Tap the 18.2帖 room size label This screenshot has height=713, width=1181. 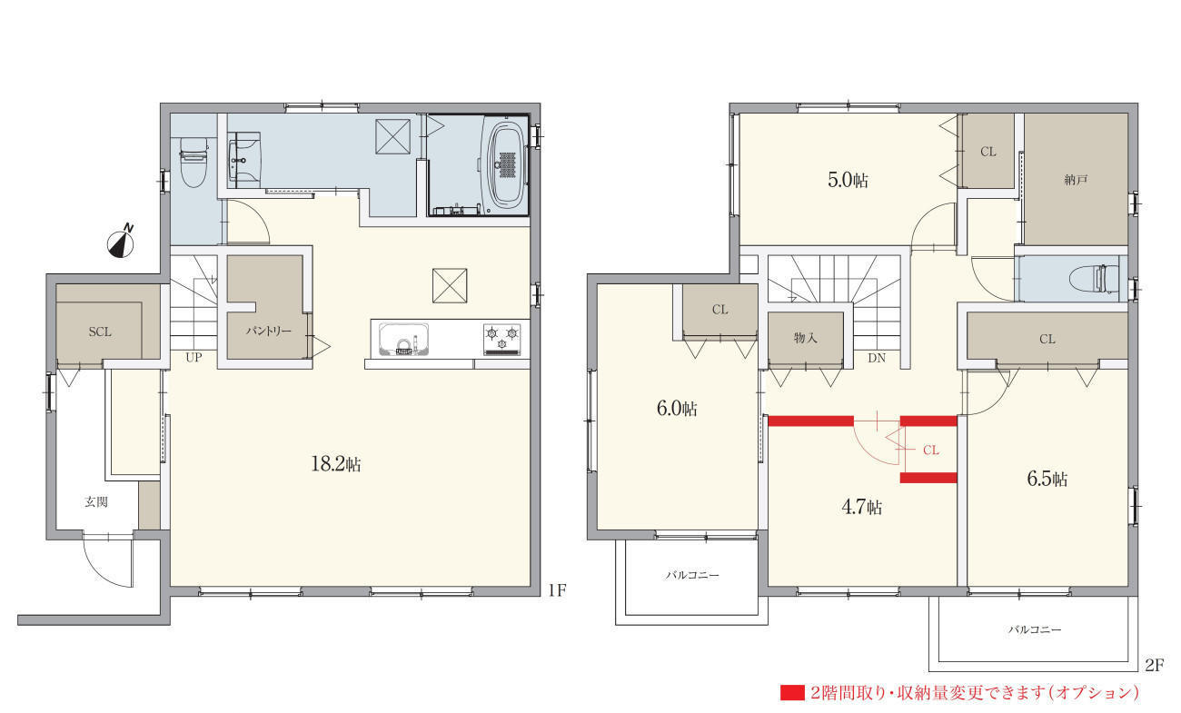coord(336,464)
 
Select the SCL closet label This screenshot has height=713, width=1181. coord(100,332)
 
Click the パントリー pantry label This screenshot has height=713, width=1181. coord(268,331)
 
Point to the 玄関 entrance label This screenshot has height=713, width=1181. coord(96,501)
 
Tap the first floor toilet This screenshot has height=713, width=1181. coord(194,162)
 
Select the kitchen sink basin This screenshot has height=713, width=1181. coord(403,339)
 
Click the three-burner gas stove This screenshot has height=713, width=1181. coord(501,339)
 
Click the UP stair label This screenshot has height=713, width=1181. coord(194,357)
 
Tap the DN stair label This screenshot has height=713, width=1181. coord(877,358)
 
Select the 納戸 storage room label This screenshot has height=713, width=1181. coord(1075,180)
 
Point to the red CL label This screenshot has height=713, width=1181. coord(930,450)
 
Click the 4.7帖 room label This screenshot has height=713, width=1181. coord(862,507)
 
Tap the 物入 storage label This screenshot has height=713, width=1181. coord(806,338)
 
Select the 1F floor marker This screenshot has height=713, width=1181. coord(557,590)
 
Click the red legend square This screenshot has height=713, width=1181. coord(792,692)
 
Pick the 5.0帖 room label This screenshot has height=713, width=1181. coord(848,180)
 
